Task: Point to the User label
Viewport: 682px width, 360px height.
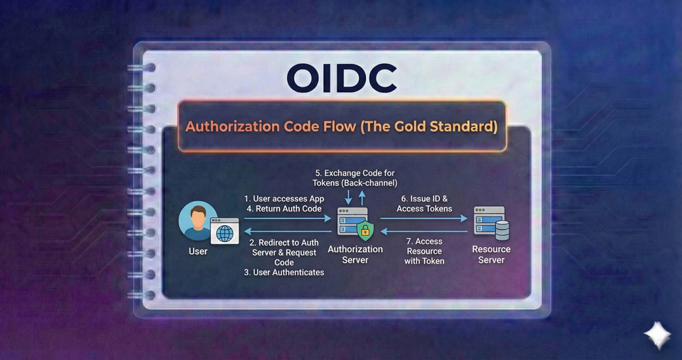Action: [x=198, y=251]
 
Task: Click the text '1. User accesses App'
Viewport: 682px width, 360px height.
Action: [x=283, y=198]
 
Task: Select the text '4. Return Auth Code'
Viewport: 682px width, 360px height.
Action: [x=283, y=209]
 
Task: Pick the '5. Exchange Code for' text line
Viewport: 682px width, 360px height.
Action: [x=354, y=173]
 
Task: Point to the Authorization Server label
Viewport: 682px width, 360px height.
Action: [x=355, y=254]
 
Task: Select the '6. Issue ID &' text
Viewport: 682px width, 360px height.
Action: [x=426, y=198]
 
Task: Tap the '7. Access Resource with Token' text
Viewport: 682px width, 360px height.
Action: [x=425, y=251]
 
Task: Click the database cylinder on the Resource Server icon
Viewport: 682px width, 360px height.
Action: [x=502, y=231]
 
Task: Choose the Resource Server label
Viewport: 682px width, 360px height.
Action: [x=491, y=254]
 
